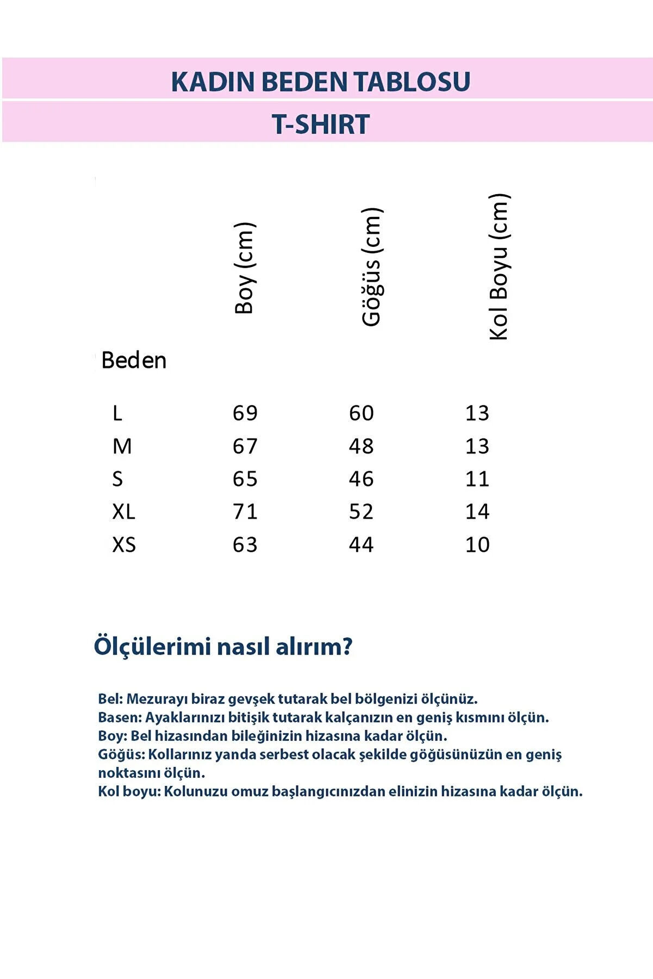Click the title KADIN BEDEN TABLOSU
pyautogui.click(x=321, y=82)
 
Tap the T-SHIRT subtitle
pyautogui.click(x=321, y=124)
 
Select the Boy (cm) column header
pyautogui.click(x=245, y=268)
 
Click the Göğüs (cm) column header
pyautogui.click(x=372, y=267)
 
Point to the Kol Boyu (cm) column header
pyautogui.click(x=499, y=267)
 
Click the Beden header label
pyautogui.click(x=134, y=360)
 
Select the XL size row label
pyautogui.click(x=123, y=512)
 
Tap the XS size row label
pyautogui.click(x=124, y=545)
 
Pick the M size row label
pyautogui.click(x=122, y=446)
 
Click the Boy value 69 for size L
pyautogui.click(x=245, y=413)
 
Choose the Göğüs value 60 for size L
pyautogui.click(x=362, y=413)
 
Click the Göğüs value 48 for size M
pyautogui.click(x=362, y=446)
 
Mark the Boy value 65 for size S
pyautogui.click(x=245, y=479)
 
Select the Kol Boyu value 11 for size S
pyautogui.click(x=477, y=479)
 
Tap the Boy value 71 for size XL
pyautogui.click(x=245, y=512)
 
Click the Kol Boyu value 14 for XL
pyautogui.click(x=477, y=512)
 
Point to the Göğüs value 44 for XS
pyautogui.click(x=362, y=545)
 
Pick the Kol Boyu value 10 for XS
pyautogui.click(x=477, y=545)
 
